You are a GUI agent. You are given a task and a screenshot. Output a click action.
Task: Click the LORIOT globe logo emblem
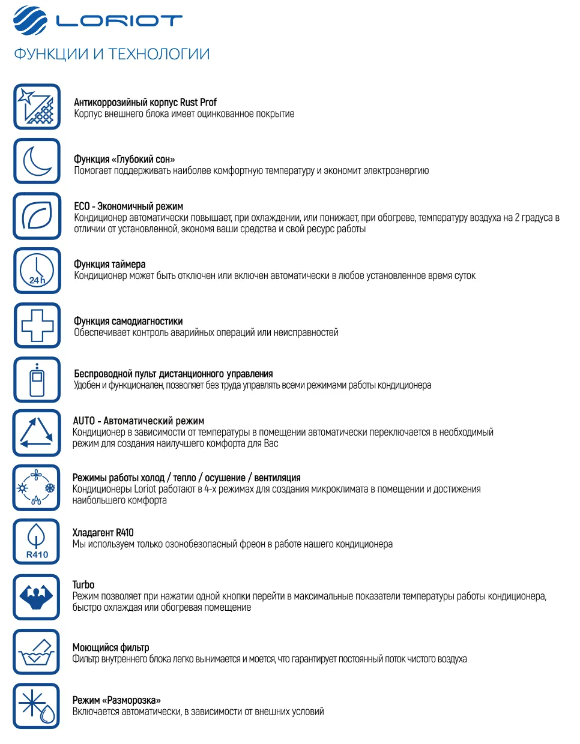[x=29, y=21]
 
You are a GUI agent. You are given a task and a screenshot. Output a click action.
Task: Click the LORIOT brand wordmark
[x=119, y=21]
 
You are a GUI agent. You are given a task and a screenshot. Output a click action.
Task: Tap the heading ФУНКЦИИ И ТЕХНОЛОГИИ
[x=112, y=54]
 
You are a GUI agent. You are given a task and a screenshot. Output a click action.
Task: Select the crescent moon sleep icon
[x=37, y=161]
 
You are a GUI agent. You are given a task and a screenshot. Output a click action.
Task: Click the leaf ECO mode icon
[x=37, y=216]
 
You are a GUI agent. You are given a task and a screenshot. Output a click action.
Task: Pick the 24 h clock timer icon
[x=37, y=271]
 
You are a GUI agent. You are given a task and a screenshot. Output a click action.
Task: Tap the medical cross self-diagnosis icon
[x=37, y=325]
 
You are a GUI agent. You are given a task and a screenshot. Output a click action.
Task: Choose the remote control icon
[x=37, y=380]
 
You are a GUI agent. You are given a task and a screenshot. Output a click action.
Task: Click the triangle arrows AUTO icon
[x=37, y=433]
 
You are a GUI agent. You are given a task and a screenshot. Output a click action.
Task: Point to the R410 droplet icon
[x=37, y=542]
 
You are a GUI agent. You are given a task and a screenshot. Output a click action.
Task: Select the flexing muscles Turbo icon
[x=37, y=597]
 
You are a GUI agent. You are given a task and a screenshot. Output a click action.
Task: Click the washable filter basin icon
[x=37, y=652]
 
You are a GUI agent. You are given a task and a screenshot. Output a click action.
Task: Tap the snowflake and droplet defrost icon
[x=37, y=706]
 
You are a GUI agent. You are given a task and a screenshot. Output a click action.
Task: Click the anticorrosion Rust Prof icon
[x=37, y=107]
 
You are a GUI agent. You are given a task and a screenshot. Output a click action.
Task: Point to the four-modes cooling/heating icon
[x=37, y=488]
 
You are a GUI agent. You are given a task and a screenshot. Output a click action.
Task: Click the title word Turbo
[x=83, y=585]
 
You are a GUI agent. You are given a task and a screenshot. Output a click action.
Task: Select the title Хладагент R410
[x=103, y=533]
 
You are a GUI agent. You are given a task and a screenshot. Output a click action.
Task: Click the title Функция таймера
[x=109, y=265]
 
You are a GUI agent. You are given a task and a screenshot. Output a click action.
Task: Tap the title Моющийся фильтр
[x=110, y=648]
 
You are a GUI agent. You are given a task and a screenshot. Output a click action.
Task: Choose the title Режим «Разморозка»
[x=116, y=700]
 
